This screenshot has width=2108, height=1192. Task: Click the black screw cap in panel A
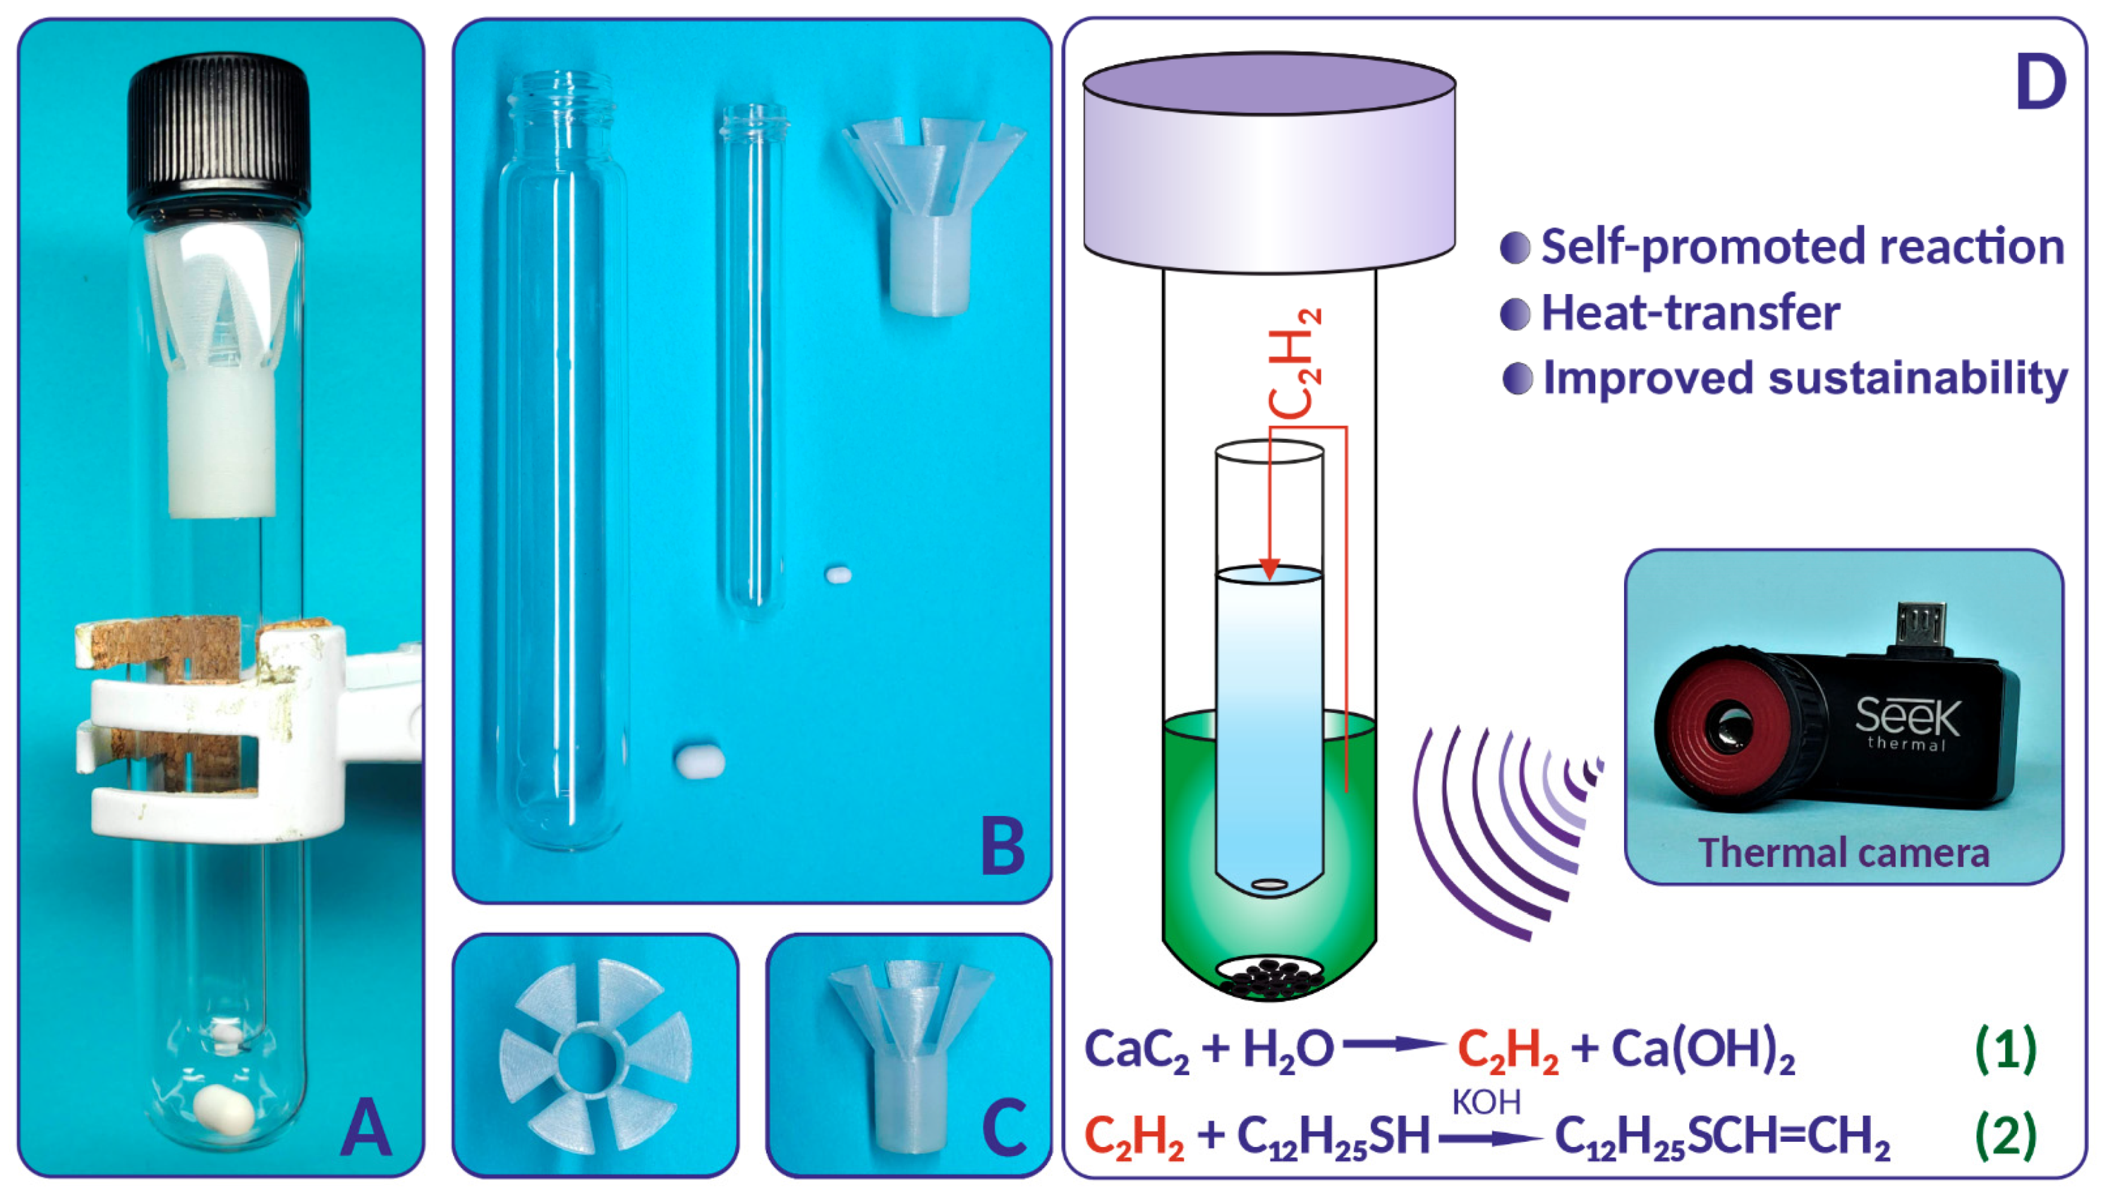[x=219, y=135]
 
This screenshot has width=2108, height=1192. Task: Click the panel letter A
[x=365, y=1127]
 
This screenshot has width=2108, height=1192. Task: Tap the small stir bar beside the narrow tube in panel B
[x=838, y=574]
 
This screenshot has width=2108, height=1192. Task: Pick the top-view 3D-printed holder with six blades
[x=595, y=1055]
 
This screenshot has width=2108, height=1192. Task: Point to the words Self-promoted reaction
[x=1802, y=246]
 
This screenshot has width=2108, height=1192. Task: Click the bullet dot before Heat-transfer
[x=1516, y=313]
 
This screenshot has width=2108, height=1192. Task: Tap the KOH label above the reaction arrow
[x=1487, y=1102]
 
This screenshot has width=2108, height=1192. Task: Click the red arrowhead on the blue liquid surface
[x=1270, y=569]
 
